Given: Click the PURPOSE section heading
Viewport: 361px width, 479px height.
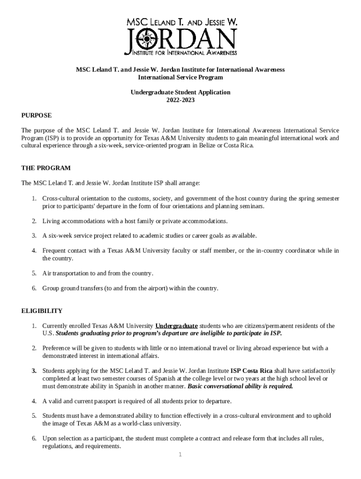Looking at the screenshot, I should coord(37,115).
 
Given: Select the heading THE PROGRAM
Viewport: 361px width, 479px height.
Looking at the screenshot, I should coord(46,168).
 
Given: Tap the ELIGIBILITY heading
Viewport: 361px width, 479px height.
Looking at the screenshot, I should coord(42,311).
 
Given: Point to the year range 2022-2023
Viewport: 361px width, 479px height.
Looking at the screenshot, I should coord(180,100).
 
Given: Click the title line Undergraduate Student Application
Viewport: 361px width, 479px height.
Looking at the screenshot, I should coord(180,92).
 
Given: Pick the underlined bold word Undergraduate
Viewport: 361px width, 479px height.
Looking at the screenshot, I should coord(176,326).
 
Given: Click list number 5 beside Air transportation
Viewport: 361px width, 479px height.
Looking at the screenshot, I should coord(34,273).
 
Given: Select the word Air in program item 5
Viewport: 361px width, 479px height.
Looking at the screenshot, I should coord(46,273).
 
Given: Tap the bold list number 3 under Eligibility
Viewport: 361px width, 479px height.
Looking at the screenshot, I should coord(34,371).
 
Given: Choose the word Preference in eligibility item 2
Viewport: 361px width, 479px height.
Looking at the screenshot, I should coord(57,348).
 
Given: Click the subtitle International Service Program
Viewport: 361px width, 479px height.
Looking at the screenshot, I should coord(180,77).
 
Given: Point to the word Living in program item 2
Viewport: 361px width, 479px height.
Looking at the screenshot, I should coord(50,221).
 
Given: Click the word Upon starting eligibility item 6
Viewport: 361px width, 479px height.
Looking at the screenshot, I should coord(50,439).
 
